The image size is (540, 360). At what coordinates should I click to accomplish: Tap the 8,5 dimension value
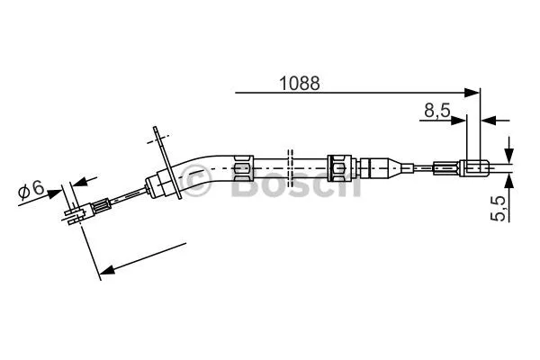[x=437, y=111]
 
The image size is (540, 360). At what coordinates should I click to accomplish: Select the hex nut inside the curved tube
[x=240, y=167]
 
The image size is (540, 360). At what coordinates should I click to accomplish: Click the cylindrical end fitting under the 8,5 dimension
[x=475, y=166]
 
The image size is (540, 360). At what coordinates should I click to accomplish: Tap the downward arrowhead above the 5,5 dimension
[x=508, y=154]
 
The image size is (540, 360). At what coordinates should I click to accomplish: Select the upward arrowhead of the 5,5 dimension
[x=508, y=179]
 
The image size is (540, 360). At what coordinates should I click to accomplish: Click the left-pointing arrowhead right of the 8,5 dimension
[x=489, y=119]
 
